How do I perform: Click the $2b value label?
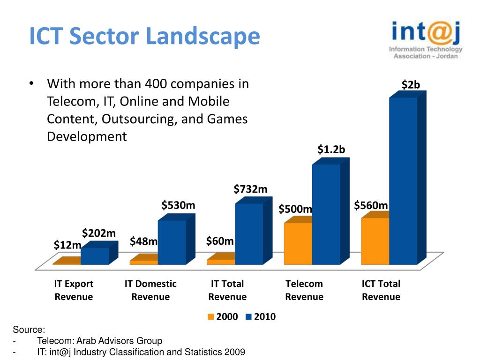411,84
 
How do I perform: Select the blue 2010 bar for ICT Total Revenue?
403,180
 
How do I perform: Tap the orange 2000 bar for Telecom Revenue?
298,243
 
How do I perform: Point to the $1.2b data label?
331,150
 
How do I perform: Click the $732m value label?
251,189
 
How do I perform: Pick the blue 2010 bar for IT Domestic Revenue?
172,242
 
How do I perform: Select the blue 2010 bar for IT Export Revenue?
95,256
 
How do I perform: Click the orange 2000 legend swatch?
211,317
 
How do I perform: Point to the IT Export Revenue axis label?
74,290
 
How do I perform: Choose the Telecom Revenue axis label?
304,290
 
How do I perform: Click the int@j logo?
426,40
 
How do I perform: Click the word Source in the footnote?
28,330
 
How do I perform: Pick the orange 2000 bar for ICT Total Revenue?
375,241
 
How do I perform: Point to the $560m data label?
371,205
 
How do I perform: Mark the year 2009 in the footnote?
235,352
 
